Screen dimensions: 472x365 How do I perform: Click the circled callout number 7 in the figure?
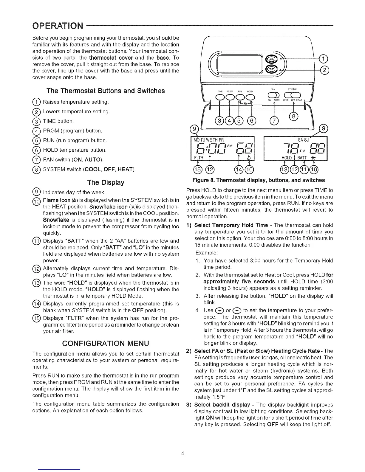(273, 121)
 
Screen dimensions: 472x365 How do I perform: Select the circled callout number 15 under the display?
(197, 170)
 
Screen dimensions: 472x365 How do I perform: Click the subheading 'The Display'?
(106, 182)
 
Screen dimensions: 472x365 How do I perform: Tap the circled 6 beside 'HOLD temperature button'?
(35, 150)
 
